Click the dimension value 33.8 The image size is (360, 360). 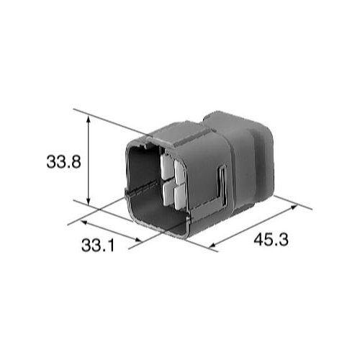(63, 162)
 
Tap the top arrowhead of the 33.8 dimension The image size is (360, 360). (89, 124)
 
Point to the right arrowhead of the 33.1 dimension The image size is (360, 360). (138, 240)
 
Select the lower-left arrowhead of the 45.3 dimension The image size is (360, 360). (213, 247)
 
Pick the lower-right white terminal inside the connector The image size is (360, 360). (178, 195)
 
